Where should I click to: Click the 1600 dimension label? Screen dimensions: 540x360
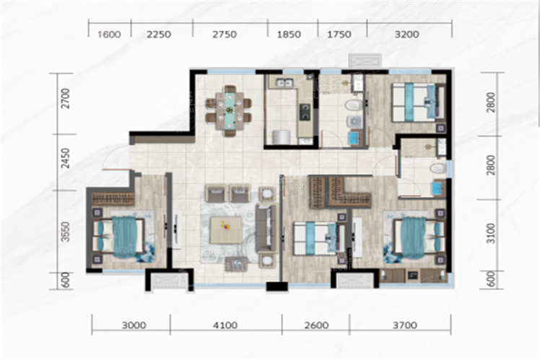(x=109, y=35)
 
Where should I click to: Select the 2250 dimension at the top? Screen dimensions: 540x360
(x=159, y=35)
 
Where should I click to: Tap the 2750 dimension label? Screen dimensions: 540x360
(x=225, y=35)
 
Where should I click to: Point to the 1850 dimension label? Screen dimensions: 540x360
(x=289, y=35)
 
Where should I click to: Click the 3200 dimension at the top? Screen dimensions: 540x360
(x=407, y=35)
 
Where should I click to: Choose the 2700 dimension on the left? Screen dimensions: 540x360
(x=65, y=99)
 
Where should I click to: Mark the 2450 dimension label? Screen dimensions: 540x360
(x=65, y=158)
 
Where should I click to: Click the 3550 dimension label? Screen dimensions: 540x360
(x=65, y=232)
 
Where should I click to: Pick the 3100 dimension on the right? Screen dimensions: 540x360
(x=492, y=233)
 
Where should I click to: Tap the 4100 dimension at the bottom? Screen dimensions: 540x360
(x=225, y=325)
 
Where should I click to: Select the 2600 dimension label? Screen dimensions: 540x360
(x=316, y=325)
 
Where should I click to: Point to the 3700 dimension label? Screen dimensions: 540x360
(x=405, y=325)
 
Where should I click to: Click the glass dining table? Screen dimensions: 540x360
(x=229, y=110)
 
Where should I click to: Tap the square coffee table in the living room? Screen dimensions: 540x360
(x=226, y=230)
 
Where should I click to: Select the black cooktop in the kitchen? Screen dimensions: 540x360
(x=305, y=112)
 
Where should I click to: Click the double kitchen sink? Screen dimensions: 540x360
(x=285, y=82)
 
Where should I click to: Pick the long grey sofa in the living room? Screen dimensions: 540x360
(x=266, y=228)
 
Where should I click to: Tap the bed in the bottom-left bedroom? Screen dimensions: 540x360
(x=118, y=237)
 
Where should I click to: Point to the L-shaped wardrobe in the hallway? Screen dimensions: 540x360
(x=340, y=193)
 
